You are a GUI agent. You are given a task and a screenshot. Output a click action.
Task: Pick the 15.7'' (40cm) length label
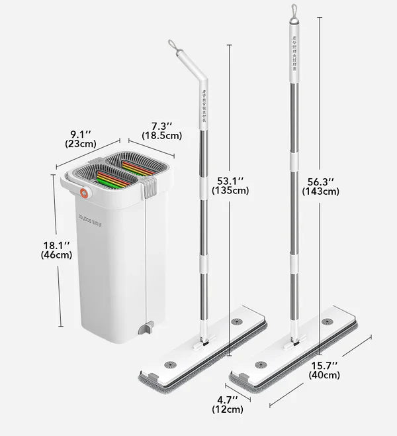click(x=324, y=370)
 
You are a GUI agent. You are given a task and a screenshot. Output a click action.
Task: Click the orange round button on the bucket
click(x=83, y=194)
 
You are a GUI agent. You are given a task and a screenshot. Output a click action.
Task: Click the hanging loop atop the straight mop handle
click(x=292, y=12)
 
